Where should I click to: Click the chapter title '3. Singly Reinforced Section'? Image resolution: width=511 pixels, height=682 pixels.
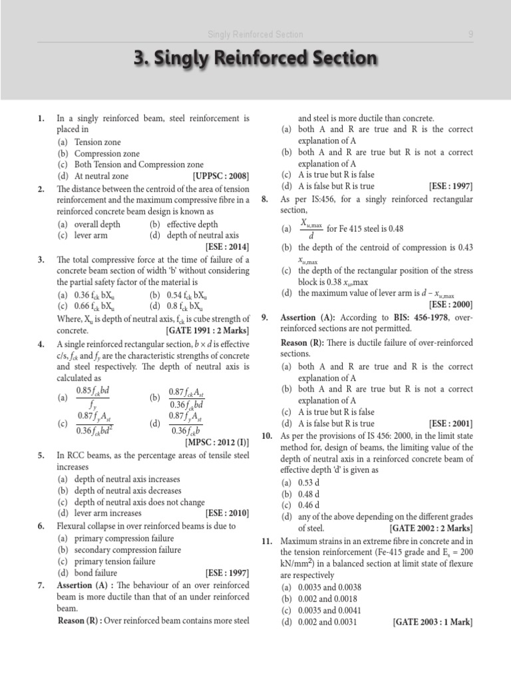point(255,59)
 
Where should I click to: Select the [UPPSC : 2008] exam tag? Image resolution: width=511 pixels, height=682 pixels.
point(221,176)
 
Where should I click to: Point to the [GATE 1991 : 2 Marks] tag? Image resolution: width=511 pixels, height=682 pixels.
point(208,330)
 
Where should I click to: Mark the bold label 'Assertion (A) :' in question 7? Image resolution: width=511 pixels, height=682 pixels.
point(88,585)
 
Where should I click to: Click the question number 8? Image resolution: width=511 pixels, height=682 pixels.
point(265,199)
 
